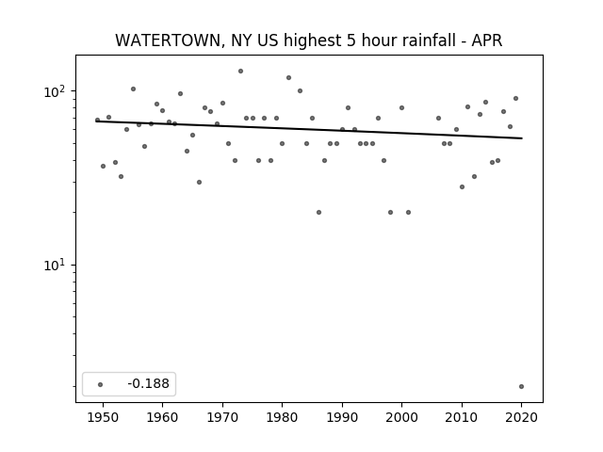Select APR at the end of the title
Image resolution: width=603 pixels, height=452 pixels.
pos(487,40)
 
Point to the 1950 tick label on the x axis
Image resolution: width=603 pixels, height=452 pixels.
pos(103,417)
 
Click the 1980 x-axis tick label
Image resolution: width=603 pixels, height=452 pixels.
pos(283,417)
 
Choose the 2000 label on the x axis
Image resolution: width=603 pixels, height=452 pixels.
pos(402,417)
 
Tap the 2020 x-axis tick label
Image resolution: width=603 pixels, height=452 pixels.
pos(521,417)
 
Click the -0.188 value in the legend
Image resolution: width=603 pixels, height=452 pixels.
pos(149,383)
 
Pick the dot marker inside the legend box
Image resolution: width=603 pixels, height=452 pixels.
pos(101,384)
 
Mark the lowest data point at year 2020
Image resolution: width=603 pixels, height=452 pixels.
pos(521,386)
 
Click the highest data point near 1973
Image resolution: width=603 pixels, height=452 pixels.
pos(241,72)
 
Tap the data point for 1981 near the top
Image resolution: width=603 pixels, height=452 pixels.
pos(289,77)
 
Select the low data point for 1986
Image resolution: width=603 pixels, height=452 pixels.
pos(318,212)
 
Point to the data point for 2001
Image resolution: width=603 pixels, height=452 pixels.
pos(408,212)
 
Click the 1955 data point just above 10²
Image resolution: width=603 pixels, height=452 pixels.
pos(133,89)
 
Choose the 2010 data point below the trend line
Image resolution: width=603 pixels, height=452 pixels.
pos(462,186)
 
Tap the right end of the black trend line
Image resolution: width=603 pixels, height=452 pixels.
pos(522,138)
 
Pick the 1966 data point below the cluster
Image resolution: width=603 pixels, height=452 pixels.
pos(199,182)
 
